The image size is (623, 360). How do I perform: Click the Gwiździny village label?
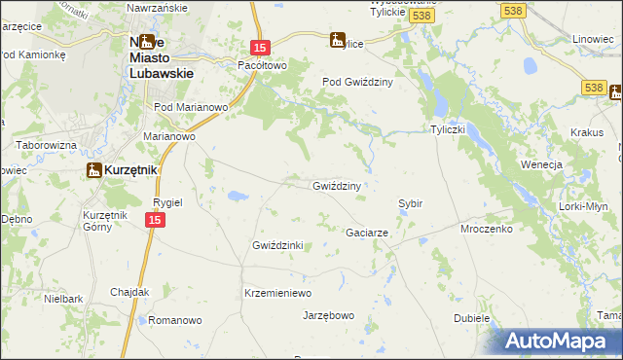(337, 186)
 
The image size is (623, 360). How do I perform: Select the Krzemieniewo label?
(276, 293)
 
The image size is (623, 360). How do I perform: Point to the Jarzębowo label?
(328, 316)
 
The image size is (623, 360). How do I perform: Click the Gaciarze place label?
(368, 234)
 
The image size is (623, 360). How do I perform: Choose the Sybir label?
(410, 203)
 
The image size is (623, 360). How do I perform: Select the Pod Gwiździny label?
(357, 83)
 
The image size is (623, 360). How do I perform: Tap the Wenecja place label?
(542, 164)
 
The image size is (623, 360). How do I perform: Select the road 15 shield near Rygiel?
(154, 221)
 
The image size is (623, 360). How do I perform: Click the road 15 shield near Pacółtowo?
(258, 47)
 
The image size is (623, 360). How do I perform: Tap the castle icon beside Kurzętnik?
(93, 170)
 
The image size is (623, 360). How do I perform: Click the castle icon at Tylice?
(338, 41)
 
